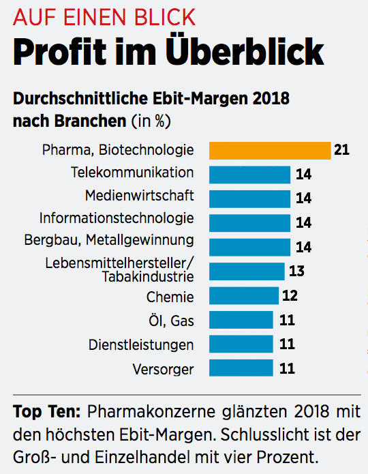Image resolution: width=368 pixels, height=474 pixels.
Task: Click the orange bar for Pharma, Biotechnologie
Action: point(269,150)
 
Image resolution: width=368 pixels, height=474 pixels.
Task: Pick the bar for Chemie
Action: point(243,296)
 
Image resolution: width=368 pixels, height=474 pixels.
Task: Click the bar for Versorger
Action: point(241,369)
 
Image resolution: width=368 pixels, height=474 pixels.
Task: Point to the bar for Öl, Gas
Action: point(241,320)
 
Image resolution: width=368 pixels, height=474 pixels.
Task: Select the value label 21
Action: point(341,150)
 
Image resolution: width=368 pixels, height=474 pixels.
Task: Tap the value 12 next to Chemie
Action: point(290,296)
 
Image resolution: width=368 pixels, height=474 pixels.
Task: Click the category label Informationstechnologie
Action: point(117,218)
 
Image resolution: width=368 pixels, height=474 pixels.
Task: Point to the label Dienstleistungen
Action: point(141,344)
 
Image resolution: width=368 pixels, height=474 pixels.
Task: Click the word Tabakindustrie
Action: point(148,276)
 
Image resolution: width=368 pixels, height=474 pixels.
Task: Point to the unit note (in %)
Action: point(151,121)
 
